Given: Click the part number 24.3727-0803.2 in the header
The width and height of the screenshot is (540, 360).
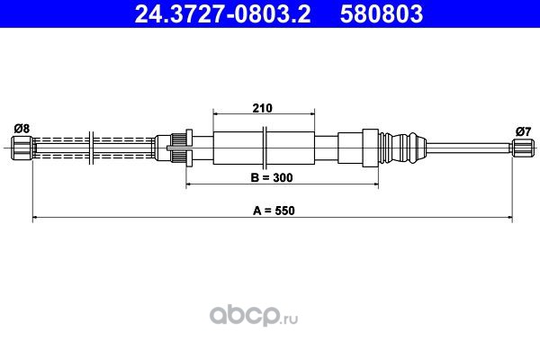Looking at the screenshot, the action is point(222,13).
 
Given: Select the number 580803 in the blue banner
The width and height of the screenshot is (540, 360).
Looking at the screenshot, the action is point(382,13).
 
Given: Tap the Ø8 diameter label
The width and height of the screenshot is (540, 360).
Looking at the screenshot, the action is point(22,129).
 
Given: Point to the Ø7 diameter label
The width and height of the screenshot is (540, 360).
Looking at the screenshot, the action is point(524,131).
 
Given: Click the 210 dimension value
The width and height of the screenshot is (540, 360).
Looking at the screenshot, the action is point(263,108).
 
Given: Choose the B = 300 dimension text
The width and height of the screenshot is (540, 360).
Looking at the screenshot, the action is point(272,177).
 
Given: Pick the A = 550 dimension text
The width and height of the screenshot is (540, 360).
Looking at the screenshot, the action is point(274,210).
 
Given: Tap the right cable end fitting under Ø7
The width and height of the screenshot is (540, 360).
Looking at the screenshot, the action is point(523,148).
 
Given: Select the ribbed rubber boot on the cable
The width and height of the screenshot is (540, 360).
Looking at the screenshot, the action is point(402,148).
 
